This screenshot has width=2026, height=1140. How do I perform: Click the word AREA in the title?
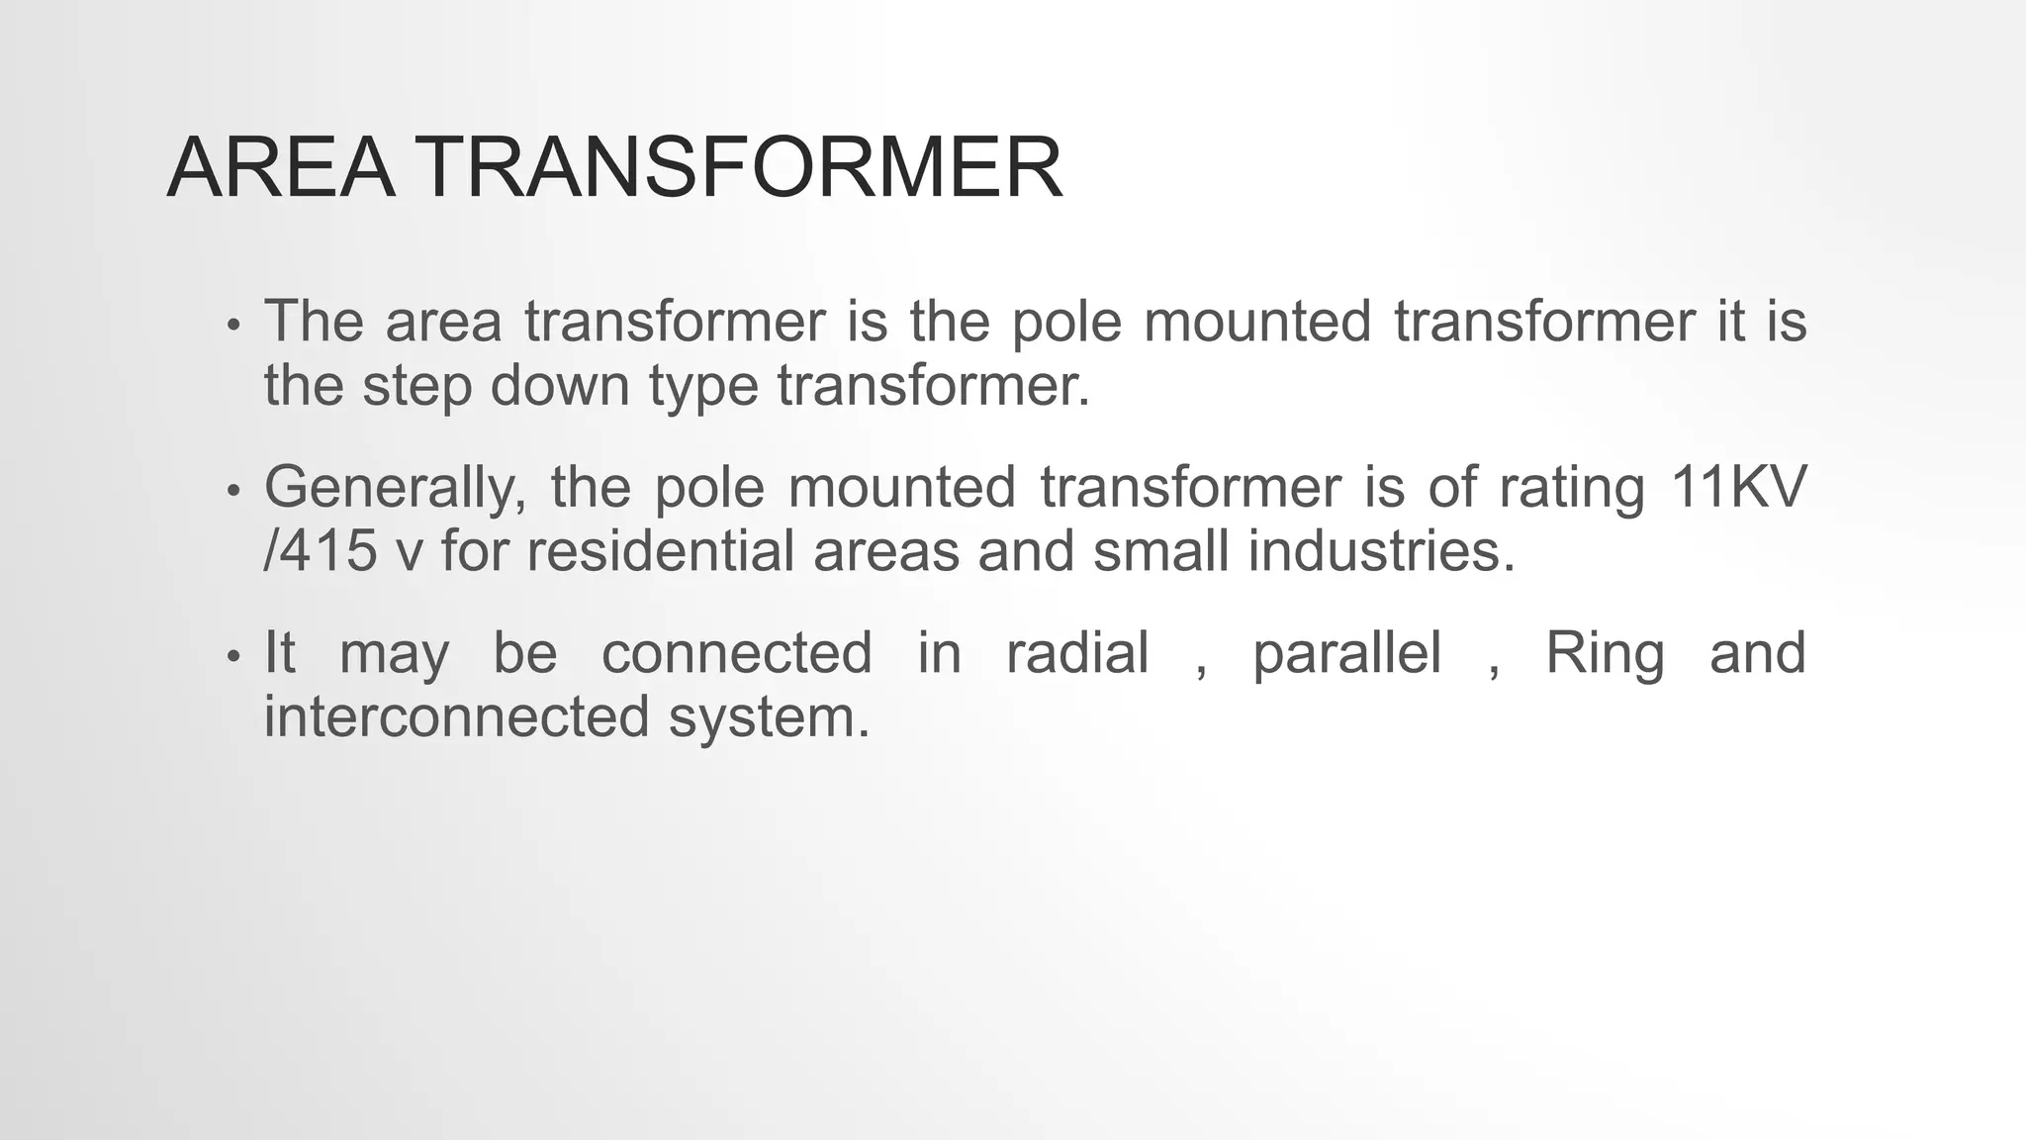tap(281, 168)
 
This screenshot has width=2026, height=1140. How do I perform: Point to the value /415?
tap(321, 550)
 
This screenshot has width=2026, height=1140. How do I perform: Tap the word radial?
tap(1077, 653)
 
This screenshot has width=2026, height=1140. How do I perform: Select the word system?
tap(769, 717)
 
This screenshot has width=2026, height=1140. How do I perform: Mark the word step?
tap(417, 386)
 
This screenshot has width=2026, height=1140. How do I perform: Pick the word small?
tap(1161, 550)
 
